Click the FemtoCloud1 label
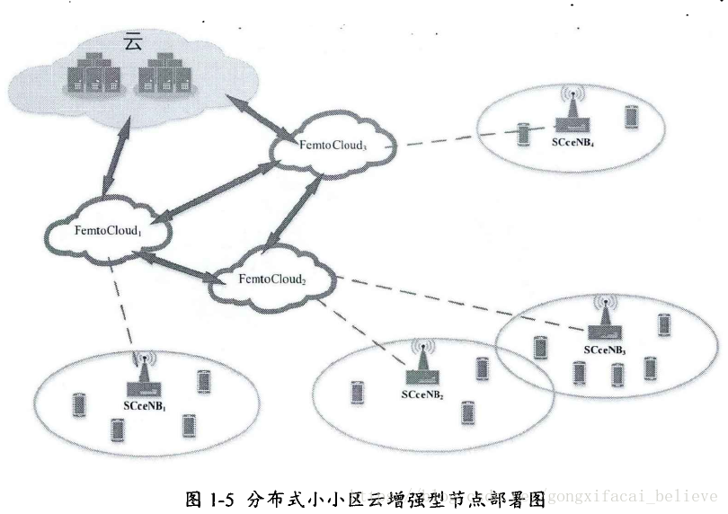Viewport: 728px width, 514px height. click(108, 231)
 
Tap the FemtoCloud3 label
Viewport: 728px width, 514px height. click(333, 144)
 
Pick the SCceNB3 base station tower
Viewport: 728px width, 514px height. click(604, 317)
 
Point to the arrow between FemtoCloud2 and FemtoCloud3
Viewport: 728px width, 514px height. click(297, 212)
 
